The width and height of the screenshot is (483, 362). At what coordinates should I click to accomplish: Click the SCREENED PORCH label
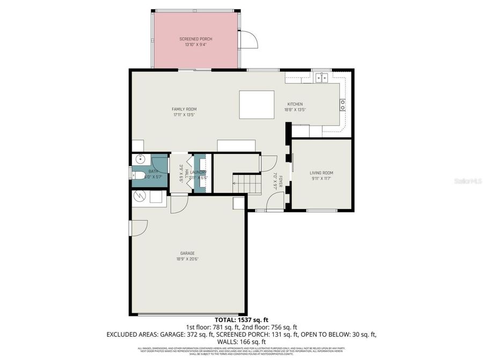(x=195, y=39)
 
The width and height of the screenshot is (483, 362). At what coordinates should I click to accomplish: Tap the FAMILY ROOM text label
(x=184, y=109)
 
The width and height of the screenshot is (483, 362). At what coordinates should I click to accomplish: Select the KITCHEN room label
(x=295, y=104)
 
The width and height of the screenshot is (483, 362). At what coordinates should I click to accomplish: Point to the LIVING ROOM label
(x=321, y=173)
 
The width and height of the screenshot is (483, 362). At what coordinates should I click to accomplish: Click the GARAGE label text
(x=187, y=253)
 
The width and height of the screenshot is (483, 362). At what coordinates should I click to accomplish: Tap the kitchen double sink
(x=322, y=78)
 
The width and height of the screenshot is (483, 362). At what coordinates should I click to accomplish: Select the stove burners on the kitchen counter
(x=342, y=105)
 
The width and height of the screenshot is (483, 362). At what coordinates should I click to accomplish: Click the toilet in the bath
(x=136, y=176)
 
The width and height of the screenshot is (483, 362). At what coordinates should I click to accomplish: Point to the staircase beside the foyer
(x=247, y=184)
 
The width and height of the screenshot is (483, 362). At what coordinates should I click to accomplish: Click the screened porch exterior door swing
(x=248, y=40)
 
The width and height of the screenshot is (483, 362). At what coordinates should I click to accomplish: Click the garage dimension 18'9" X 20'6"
(x=187, y=259)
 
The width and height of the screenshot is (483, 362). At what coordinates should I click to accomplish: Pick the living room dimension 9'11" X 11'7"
(x=321, y=179)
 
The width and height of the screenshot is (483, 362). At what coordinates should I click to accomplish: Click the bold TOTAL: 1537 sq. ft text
(x=241, y=320)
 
